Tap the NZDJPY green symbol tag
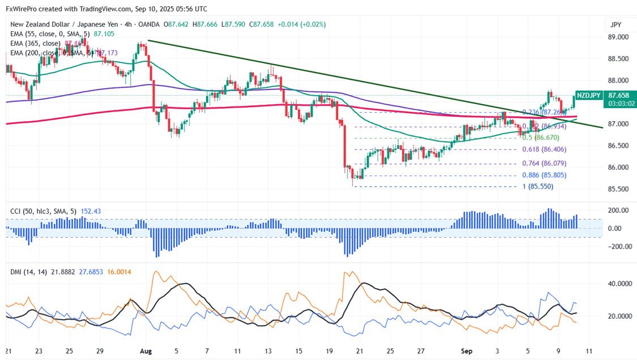[x=588, y=96]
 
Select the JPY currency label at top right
[x=615, y=25]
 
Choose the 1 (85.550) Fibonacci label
[x=538, y=187]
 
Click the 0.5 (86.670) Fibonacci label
[x=540, y=138]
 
